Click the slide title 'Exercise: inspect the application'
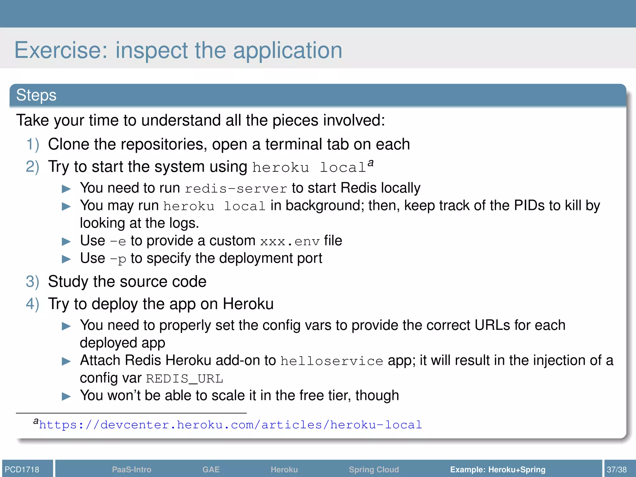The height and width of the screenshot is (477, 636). [178, 50]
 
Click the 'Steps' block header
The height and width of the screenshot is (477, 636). [36, 95]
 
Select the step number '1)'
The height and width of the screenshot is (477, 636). [33, 145]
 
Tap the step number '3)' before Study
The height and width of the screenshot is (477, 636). [33, 282]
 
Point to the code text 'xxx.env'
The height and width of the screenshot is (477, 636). [290, 242]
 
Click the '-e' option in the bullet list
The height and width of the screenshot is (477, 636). [118, 242]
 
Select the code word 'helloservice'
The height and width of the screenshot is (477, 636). [332, 361]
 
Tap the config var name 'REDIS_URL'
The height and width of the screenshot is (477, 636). [184, 379]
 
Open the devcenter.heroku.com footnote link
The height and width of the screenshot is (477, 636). [230, 425]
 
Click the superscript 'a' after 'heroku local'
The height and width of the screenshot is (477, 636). [370, 163]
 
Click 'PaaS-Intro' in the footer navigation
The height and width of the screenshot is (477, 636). [132, 469]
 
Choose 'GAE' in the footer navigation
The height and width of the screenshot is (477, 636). [211, 469]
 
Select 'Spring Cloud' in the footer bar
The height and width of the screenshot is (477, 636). [374, 469]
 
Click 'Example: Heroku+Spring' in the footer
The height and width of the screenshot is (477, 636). [497, 469]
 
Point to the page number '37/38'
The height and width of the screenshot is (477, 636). [617, 469]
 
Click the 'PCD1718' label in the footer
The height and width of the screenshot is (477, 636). [22, 469]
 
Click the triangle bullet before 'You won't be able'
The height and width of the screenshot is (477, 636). [66, 396]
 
